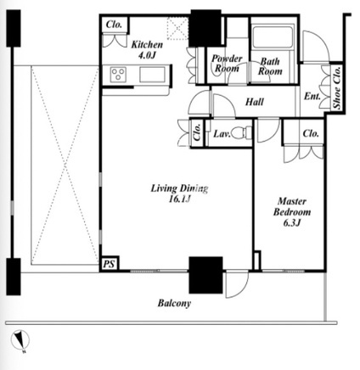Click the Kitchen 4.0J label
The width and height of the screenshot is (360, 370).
click(x=147, y=49)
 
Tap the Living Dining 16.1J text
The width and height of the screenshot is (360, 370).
click(x=179, y=193)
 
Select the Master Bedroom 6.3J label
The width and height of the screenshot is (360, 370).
click(x=292, y=212)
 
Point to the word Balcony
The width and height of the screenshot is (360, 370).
click(x=174, y=303)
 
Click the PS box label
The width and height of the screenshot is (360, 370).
click(x=109, y=264)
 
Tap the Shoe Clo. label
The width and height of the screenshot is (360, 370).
click(x=337, y=88)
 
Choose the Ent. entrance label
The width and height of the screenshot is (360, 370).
click(x=312, y=97)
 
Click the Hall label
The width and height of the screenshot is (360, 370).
click(x=255, y=102)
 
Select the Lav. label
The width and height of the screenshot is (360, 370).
click(x=222, y=133)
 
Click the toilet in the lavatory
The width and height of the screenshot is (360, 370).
click(x=241, y=132)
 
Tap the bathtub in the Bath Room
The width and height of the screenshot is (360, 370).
click(x=272, y=37)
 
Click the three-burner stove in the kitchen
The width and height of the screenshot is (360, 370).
click(x=118, y=75)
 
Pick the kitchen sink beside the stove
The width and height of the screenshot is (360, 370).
click(x=152, y=75)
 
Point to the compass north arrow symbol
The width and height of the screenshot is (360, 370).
click(x=20, y=341)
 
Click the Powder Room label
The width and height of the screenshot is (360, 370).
click(x=227, y=64)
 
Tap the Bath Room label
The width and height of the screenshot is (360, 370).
click(x=270, y=66)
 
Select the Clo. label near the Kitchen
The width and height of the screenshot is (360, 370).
click(x=114, y=25)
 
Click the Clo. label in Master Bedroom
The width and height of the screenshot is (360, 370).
click(x=311, y=133)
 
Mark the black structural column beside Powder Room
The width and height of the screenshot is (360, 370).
click(x=205, y=28)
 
